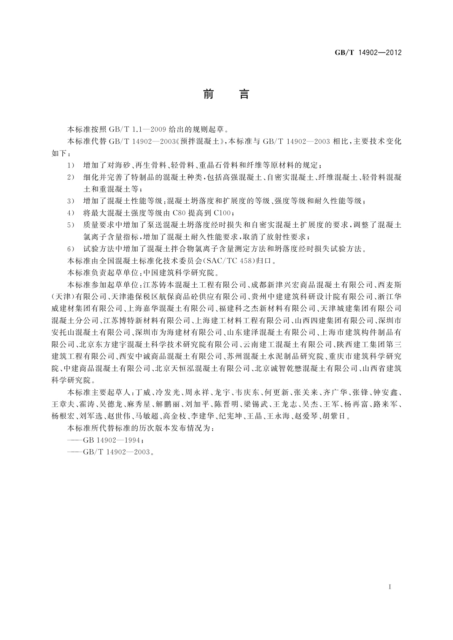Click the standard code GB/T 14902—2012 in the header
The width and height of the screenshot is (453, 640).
tap(368, 52)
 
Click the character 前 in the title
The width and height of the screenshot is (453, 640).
tap(208, 94)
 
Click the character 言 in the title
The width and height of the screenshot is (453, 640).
tap(244, 94)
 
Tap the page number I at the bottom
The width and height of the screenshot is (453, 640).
tap(390, 587)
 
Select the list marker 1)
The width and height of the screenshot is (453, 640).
tap(71, 166)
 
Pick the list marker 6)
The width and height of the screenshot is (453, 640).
tap(71, 249)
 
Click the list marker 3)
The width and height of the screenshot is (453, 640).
tap(71, 201)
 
